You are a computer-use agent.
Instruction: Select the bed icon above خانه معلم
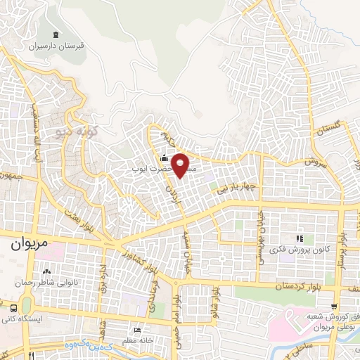[136, 329]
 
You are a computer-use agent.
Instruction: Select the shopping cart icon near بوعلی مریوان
[335, 307]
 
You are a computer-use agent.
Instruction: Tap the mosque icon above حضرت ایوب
[164, 158]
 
